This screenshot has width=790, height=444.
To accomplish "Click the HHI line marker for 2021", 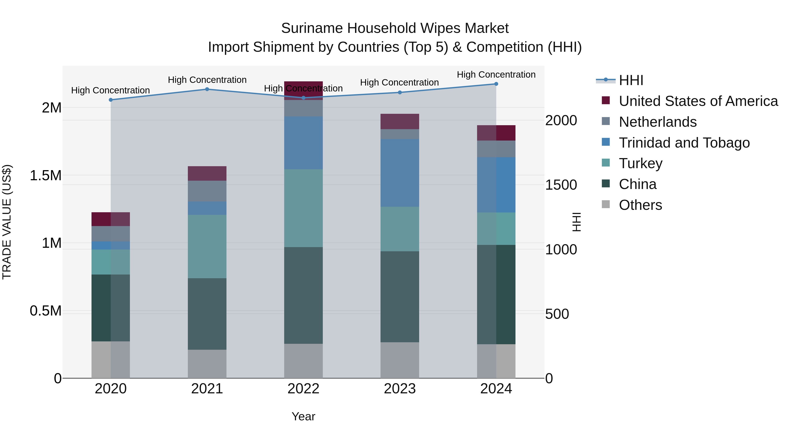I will point(207,89).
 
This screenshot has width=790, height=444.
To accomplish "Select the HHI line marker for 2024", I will point(496,84).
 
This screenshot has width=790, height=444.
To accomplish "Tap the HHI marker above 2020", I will point(111,100).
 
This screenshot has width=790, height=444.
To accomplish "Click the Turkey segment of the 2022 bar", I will point(303,208).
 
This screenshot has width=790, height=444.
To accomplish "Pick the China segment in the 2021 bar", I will point(207,314).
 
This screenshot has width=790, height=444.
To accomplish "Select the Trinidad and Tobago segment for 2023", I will point(400,173).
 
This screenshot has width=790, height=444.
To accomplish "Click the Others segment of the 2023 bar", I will point(400,360).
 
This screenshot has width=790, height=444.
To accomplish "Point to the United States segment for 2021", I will point(207,173).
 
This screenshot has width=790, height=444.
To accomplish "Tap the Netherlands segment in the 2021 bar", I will point(207,191).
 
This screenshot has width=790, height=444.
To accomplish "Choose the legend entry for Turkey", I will point(640,163).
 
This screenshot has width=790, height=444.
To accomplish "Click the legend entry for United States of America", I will point(698,101).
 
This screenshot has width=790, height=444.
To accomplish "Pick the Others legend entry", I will point(640,205).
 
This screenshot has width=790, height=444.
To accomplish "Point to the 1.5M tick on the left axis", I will point(45,176).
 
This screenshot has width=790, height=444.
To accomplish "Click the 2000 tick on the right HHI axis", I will point(561,120).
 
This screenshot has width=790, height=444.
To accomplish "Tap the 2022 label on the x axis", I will point(303,389).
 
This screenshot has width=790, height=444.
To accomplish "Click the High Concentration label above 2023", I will point(399,82).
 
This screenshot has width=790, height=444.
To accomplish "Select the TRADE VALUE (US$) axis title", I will point(7,222).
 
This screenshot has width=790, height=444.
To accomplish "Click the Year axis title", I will point(303,416).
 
